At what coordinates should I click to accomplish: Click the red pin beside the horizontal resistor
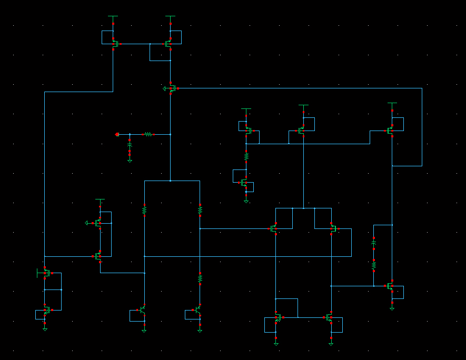pyautogui.click(x=117, y=134)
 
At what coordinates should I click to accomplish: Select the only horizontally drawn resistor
pyautogui.click(x=148, y=134)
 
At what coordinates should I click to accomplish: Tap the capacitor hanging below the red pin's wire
pyautogui.click(x=130, y=144)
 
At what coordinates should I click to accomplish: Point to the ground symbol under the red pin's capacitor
pyautogui.click(x=130, y=161)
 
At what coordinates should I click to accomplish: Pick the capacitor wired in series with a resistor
pyautogui.click(x=373, y=245)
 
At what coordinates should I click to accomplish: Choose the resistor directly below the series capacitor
pyautogui.click(x=373, y=266)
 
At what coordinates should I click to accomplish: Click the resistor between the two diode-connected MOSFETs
pyautogui.click(x=246, y=156)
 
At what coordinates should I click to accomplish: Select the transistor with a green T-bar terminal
pyautogui.click(x=45, y=273)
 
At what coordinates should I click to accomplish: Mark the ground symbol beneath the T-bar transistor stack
pyautogui.click(x=45, y=329)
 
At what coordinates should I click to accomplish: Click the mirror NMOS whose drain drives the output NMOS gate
pyautogui.click(x=330, y=317)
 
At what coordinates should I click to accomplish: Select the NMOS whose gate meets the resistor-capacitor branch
pyautogui.click(x=391, y=286)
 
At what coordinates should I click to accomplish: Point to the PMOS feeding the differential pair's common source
pyautogui.click(x=302, y=130)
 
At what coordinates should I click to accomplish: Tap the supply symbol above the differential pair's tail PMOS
pyautogui.click(x=303, y=107)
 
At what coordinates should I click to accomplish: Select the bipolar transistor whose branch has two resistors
pyautogui.click(x=199, y=310)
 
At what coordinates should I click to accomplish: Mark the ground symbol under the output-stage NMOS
pyautogui.click(x=392, y=308)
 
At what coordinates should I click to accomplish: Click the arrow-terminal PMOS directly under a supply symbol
pyautogui.click(x=98, y=223)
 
